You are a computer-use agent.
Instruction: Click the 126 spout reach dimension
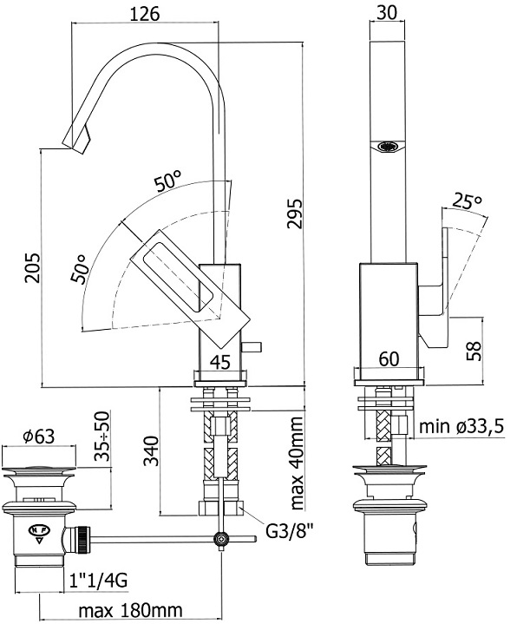click(x=145, y=14)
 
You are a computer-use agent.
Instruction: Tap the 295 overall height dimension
click(x=295, y=213)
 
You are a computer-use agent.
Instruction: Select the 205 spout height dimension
click(x=33, y=267)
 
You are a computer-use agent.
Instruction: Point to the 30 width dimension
click(x=387, y=12)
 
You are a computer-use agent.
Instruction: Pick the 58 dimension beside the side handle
click(x=474, y=351)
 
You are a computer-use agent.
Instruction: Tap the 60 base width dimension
click(x=389, y=359)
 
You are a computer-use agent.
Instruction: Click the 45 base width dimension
click(x=220, y=362)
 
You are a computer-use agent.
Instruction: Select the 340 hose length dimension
click(x=151, y=450)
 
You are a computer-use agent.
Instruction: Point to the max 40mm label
click(x=297, y=463)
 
